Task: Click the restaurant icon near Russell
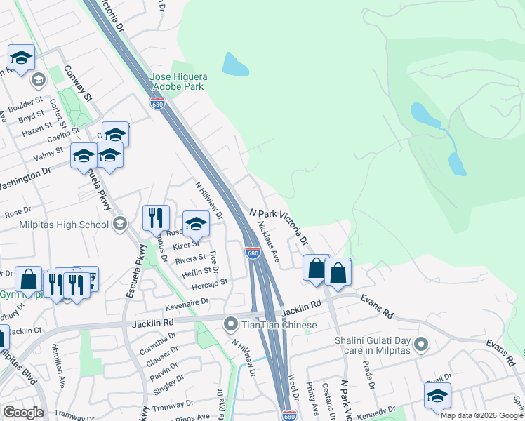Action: pos(156,218)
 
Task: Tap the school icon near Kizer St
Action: pos(197,224)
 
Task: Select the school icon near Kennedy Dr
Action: pos(437,396)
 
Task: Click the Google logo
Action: pos(22,413)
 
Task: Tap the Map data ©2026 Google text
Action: pos(481,415)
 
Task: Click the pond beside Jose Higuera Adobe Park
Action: pos(235,65)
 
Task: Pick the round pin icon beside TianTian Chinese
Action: pos(230,325)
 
